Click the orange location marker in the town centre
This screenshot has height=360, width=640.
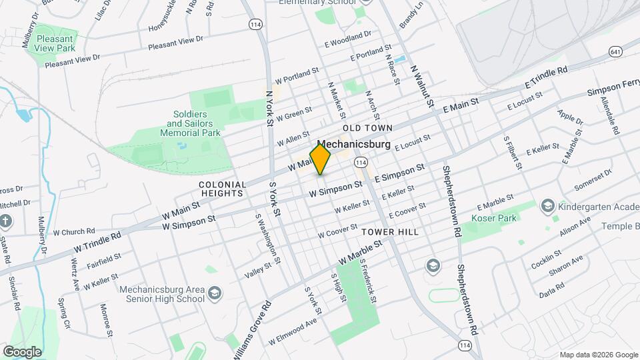tap(321, 158)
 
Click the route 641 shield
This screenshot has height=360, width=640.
tap(615, 51)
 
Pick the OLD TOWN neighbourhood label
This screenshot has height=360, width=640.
tap(367, 127)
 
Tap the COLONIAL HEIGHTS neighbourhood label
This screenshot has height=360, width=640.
tap(221, 188)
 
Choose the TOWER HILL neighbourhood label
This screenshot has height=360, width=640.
tap(390, 232)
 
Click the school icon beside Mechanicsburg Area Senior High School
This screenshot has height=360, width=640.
tap(215, 293)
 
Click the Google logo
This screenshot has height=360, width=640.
tap(22, 351)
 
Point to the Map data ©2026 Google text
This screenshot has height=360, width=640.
tap(598, 355)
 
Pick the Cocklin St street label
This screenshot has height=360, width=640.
tap(547, 259)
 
